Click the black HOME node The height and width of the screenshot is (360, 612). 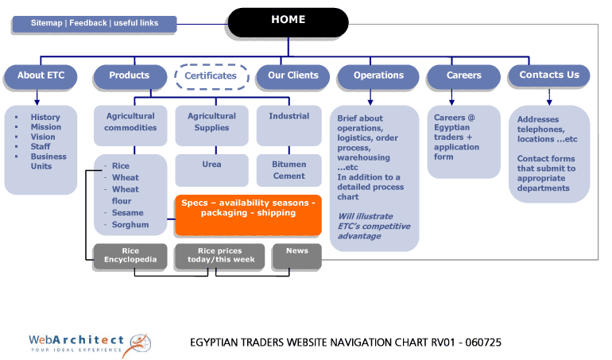point(288,21)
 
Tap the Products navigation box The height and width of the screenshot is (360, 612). point(129,75)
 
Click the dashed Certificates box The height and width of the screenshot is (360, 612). point(211,76)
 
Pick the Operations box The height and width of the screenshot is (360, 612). point(378,75)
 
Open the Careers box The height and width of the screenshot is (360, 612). point(463,75)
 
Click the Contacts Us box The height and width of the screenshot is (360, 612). point(548,75)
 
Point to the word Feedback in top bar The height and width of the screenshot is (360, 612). point(87,24)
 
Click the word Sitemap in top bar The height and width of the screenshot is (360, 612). point(46,24)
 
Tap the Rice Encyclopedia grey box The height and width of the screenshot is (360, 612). point(130,256)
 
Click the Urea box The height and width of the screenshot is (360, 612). point(211,165)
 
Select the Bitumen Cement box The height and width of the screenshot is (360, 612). point(289,170)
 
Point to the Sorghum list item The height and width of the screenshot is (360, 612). point(130,225)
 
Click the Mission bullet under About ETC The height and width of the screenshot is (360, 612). point(45,127)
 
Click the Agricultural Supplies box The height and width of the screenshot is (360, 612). point(211,122)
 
